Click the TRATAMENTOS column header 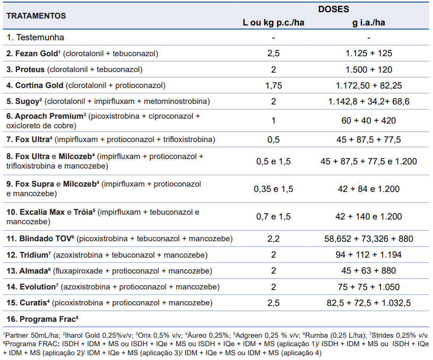36,16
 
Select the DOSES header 334,9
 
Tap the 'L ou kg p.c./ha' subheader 273,23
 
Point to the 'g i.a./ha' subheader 369,23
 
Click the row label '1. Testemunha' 36,37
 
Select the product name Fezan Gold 37,53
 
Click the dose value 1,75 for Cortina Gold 273,85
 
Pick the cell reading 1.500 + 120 369,69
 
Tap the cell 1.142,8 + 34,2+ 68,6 369,101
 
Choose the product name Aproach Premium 49,116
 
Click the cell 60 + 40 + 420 369,120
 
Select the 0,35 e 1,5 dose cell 273,189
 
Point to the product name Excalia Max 42,212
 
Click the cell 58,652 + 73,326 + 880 369,239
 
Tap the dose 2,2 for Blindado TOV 273,239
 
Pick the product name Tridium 33,255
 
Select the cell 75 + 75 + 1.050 369,287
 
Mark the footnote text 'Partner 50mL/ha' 32,336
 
